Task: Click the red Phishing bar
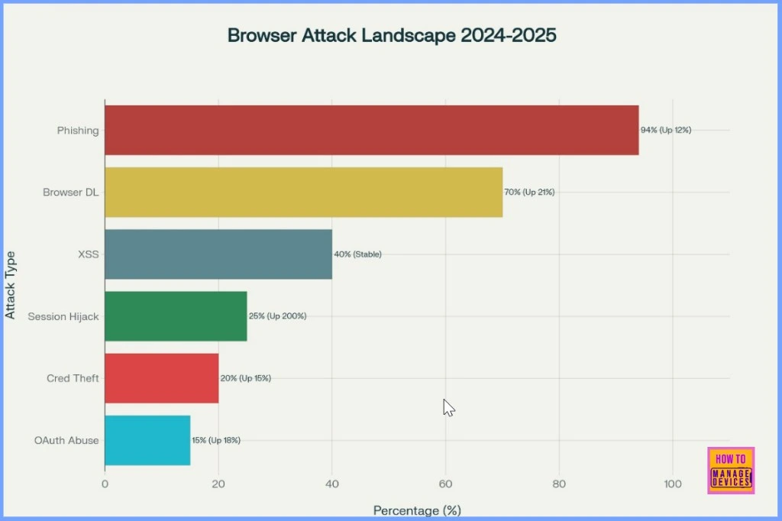371,130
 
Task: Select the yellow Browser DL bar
303,192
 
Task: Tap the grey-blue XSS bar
218,254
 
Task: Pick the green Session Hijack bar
176,316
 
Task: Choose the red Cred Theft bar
161,378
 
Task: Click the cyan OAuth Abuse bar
147,440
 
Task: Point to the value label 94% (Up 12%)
666,130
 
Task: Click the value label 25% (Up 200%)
277,316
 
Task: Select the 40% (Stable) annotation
357,254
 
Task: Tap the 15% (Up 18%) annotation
216,440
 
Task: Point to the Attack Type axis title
11,285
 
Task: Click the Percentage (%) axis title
417,510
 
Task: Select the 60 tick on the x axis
445,484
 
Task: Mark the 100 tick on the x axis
673,484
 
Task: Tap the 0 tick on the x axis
105,484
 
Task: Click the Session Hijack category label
63,316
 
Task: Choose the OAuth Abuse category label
66,440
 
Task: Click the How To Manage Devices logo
731,470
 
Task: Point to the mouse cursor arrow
448,407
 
